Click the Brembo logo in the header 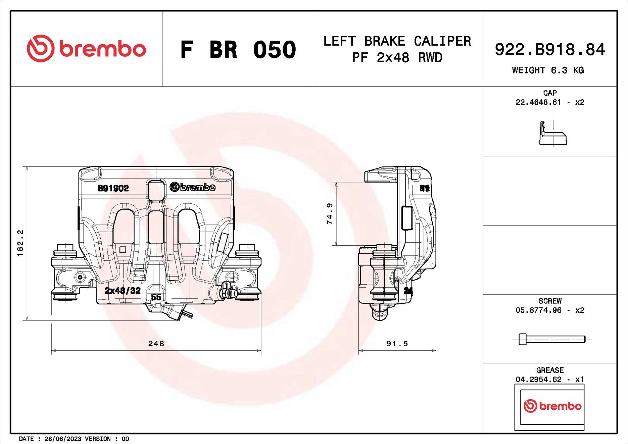coord(86,49)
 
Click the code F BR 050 coord(238,50)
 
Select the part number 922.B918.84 coord(549,50)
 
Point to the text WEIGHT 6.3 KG coord(548,70)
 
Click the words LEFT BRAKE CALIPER coord(397,41)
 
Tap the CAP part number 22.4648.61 coord(538,102)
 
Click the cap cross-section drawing coord(552,134)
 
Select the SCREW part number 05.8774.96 coord(538,310)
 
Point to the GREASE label coord(550,370)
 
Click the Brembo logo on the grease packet coord(552,406)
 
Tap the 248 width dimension coord(156,344)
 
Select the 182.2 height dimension coord(20,243)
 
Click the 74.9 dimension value coord(330,214)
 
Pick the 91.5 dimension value coord(397,344)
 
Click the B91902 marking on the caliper coord(113,188)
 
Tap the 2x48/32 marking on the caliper coord(123,291)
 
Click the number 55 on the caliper coord(156,297)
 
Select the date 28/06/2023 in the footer coord(63,439)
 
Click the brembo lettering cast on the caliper coord(193,187)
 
